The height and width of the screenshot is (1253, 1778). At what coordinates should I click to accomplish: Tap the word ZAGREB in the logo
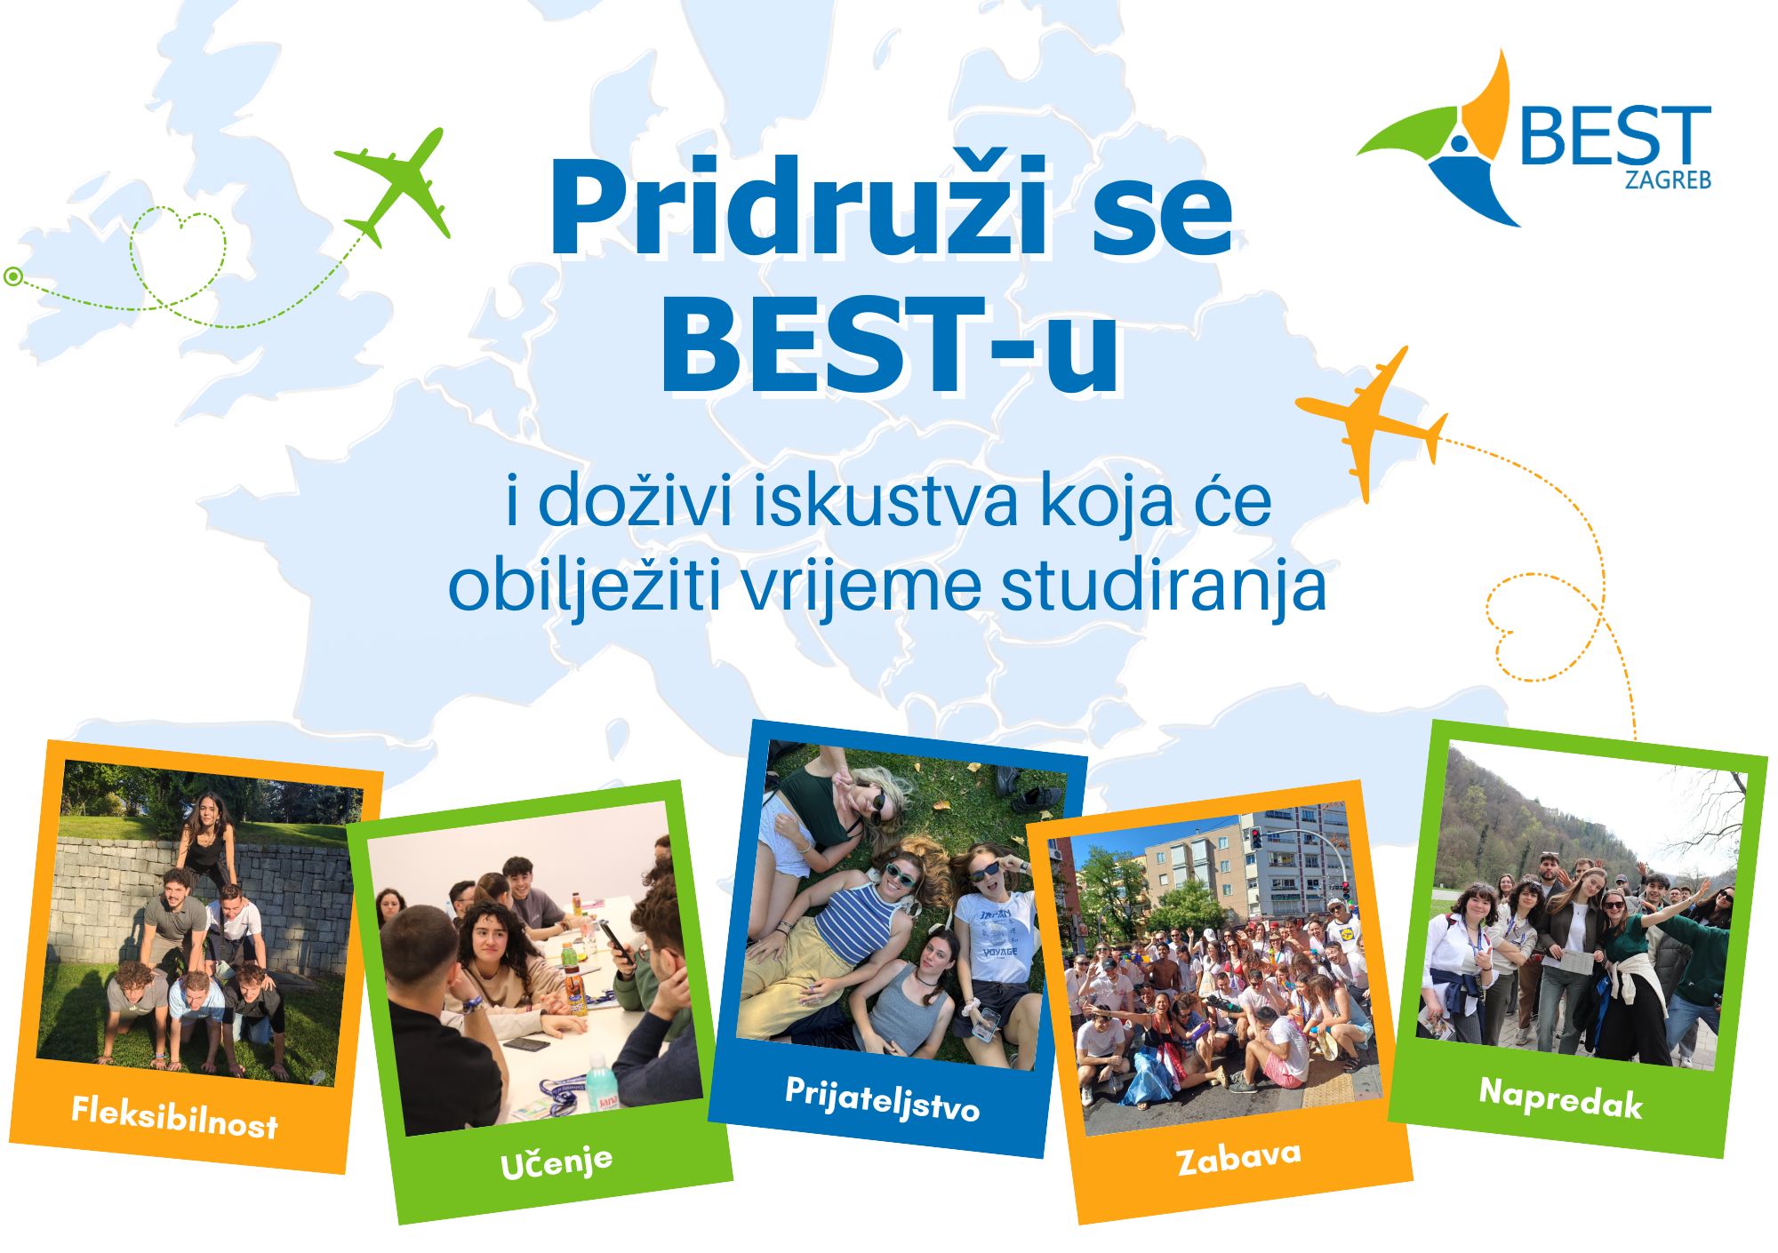tap(1668, 179)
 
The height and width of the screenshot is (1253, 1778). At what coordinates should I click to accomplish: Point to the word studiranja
tap(1164, 587)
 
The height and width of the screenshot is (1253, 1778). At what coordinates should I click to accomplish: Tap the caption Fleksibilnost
tap(175, 1117)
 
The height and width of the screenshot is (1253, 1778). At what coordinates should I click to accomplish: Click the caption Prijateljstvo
tap(882, 1098)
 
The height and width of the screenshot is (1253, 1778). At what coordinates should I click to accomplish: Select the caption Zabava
tap(1238, 1158)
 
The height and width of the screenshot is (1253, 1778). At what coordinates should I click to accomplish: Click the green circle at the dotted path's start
tap(12, 276)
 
